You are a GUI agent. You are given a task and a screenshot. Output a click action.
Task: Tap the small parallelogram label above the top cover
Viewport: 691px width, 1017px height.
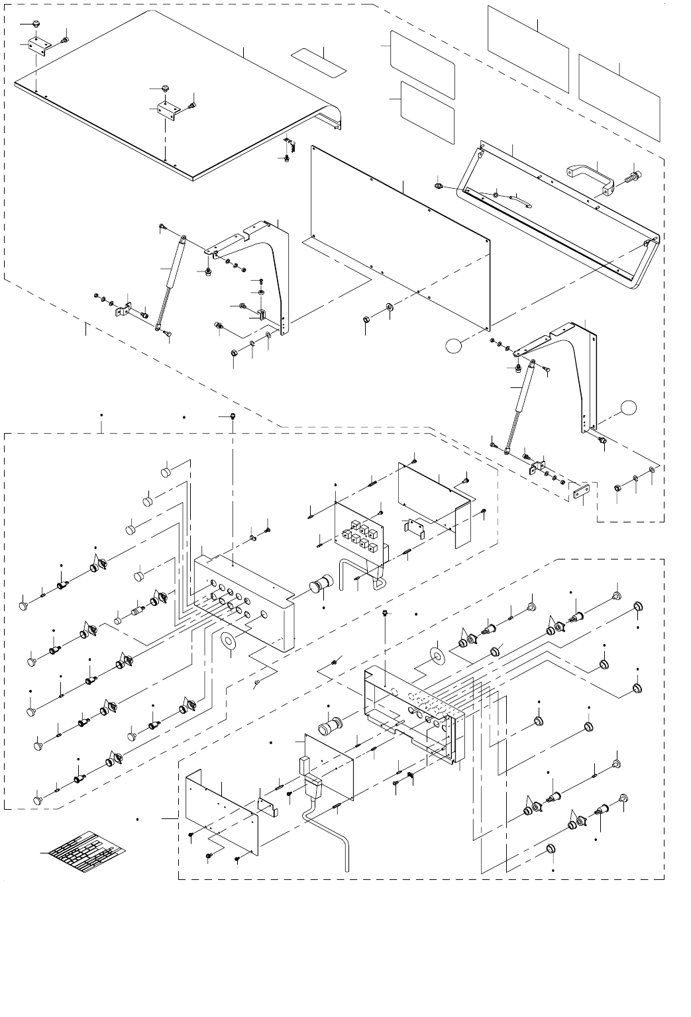(320, 61)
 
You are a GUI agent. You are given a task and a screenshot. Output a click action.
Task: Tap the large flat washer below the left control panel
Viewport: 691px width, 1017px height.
(229, 641)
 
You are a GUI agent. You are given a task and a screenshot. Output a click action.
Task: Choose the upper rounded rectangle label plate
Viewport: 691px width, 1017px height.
(422, 64)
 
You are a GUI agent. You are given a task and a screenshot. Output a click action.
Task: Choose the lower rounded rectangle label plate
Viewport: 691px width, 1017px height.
(428, 112)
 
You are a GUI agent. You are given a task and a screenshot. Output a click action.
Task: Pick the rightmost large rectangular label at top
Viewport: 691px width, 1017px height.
(619, 98)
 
